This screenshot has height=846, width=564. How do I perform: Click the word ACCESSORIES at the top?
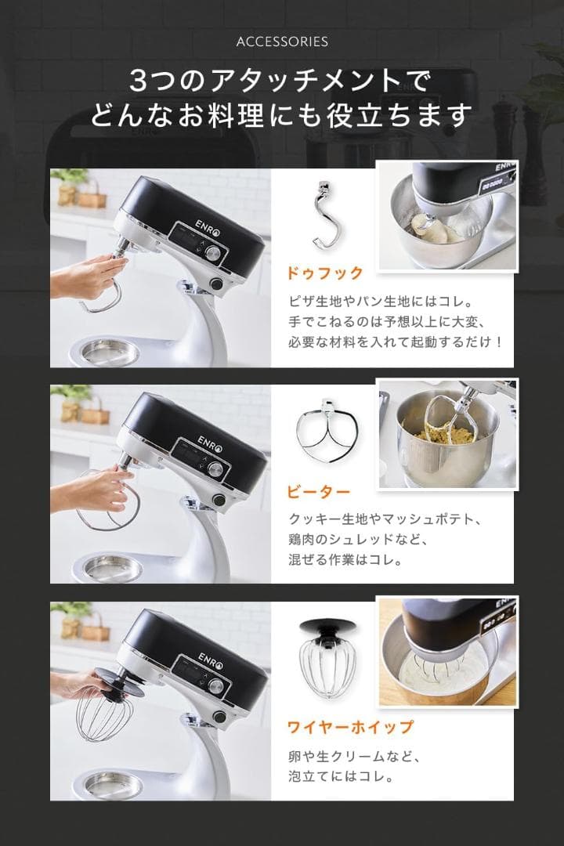pyautogui.click(x=282, y=42)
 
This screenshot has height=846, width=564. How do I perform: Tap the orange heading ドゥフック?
pyautogui.click(x=324, y=273)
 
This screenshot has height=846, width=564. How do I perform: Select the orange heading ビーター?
pyautogui.click(x=317, y=493)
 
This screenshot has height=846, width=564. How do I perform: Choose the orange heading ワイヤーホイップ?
pyautogui.click(x=349, y=728)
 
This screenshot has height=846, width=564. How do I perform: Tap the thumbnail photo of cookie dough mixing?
pyautogui.click(x=447, y=434)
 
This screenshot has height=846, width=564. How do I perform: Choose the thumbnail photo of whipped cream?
pyautogui.click(x=447, y=652)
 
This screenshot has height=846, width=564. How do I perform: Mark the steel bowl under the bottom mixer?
pyautogui.click(x=113, y=783)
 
